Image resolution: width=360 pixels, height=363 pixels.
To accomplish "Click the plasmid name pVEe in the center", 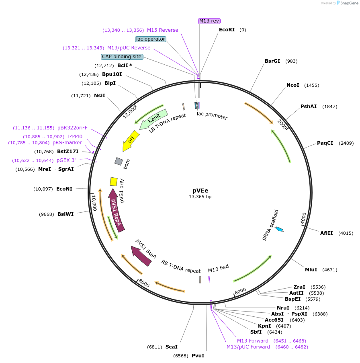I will [x=200, y=191].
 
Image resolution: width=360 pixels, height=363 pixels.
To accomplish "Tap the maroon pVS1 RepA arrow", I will [x=116, y=209].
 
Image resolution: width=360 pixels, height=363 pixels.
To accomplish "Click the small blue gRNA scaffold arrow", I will [x=279, y=229].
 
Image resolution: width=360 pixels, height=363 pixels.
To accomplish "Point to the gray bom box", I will [x=119, y=161].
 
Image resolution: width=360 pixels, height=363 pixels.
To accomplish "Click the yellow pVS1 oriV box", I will [x=114, y=181].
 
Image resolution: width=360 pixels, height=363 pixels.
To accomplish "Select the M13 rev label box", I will [x=209, y=21].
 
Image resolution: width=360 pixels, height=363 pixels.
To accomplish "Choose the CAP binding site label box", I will [x=121, y=57].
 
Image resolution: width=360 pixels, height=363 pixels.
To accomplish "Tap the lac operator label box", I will [x=151, y=39].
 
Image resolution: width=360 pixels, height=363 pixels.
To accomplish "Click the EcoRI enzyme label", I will [x=227, y=30].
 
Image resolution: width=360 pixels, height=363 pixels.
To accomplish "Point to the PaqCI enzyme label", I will [x=325, y=143].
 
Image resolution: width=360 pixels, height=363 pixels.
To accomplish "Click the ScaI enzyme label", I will [x=171, y=347].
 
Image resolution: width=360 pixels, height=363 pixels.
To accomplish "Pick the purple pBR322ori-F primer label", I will [x=72, y=128].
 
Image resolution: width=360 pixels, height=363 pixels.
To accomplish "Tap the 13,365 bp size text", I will [x=200, y=197].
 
